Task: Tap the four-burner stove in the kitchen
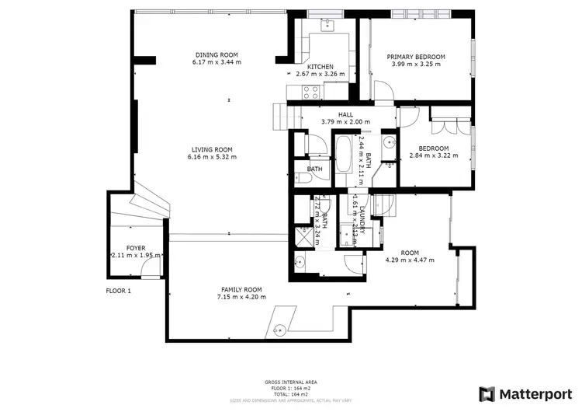(311, 92)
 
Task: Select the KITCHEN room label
(320, 67)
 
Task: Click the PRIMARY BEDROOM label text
(416, 57)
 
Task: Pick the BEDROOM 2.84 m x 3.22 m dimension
(434, 155)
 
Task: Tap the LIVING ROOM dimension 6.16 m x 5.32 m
(212, 157)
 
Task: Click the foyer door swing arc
(149, 268)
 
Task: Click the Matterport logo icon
(487, 394)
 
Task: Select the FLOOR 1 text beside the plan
(119, 291)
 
